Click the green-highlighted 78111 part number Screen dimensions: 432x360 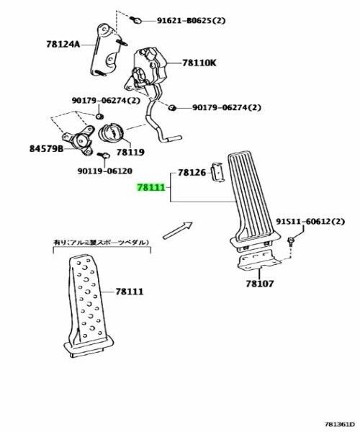[x=151, y=187]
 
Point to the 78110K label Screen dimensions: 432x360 [x=199, y=63]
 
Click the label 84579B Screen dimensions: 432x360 [x=45, y=149]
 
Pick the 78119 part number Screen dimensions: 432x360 [x=130, y=153]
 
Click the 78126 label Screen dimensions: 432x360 [x=192, y=173]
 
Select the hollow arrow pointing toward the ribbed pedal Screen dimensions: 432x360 [x=176, y=230]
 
